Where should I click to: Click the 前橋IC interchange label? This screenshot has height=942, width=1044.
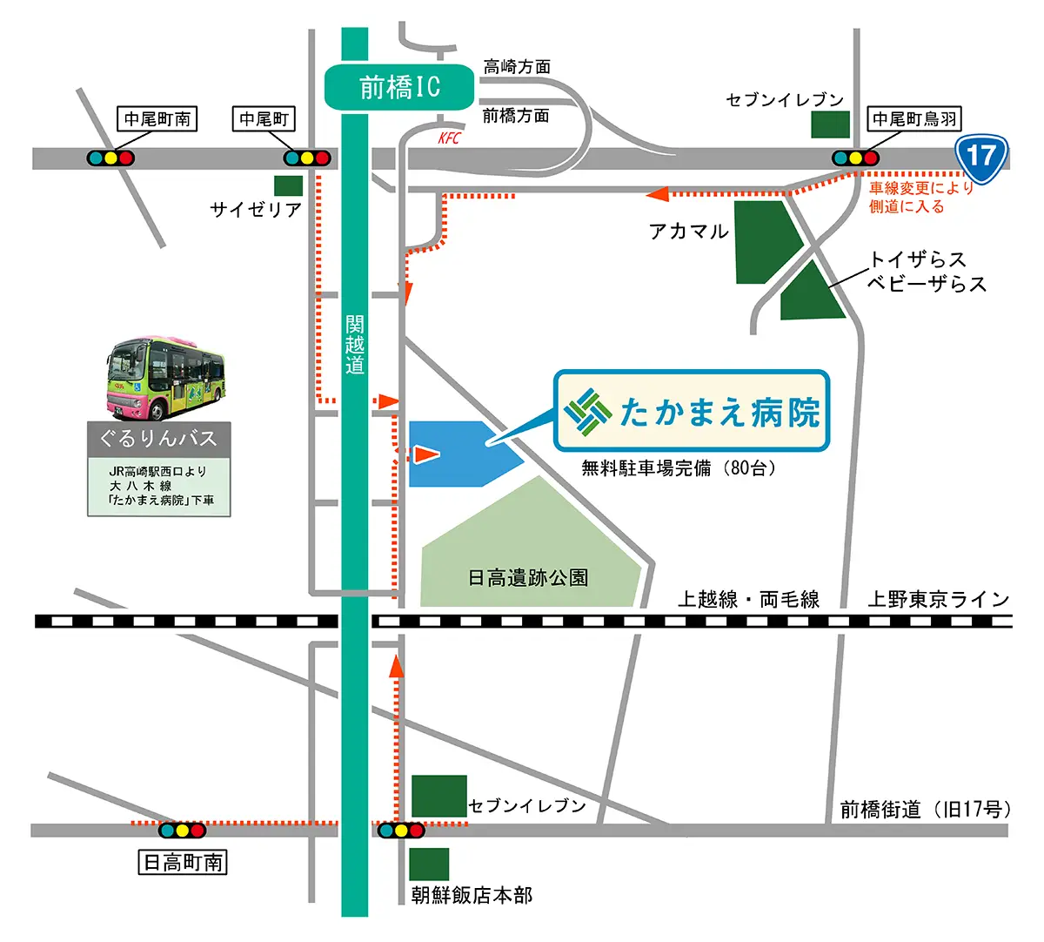pos(399,87)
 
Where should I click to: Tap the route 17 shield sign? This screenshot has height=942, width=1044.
pos(981,158)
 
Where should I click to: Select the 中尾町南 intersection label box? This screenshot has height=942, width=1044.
pos(157,118)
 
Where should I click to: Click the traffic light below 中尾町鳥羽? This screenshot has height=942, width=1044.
pos(855,158)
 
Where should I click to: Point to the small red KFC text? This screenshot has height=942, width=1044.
pos(449,138)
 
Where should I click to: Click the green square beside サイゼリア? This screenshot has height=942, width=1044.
pos(288,185)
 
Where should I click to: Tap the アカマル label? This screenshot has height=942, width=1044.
pos(688,231)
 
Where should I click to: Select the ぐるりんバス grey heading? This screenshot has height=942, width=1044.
pos(158,438)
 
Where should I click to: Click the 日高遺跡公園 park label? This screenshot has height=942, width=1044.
pos(528,577)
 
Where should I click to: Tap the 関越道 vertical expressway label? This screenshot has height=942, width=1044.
pos(354,345)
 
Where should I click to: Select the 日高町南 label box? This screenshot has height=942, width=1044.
pos(183,863)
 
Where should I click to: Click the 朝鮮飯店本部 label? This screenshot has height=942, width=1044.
pos(472,895)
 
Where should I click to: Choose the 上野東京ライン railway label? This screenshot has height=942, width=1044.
pos(938,599)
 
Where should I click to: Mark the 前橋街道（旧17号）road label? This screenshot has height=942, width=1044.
pos(925,810)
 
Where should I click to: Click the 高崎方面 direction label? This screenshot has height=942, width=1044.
pos(517,67)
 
